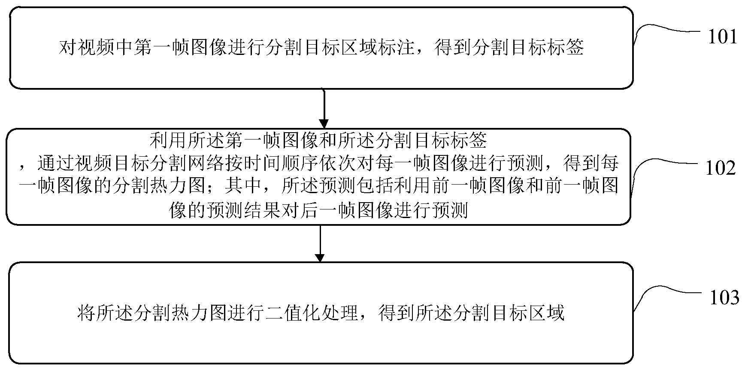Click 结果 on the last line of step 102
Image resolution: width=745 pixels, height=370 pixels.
pyautogui.click(x=263, y=210)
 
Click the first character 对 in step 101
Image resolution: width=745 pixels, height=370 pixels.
pyautogui.click(x=68, y=47)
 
